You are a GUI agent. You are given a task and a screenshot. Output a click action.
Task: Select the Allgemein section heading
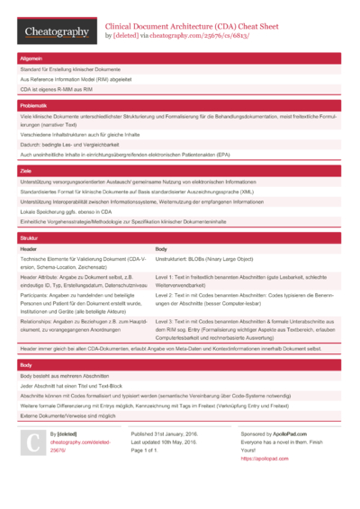(32, 58)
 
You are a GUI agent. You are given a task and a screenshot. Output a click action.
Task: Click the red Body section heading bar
(180, 366)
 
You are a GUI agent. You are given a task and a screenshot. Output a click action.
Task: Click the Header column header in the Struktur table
(29, 248)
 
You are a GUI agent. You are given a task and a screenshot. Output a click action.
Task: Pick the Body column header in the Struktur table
(161, 248)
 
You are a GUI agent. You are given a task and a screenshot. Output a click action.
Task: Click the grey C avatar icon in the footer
(32, 442)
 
